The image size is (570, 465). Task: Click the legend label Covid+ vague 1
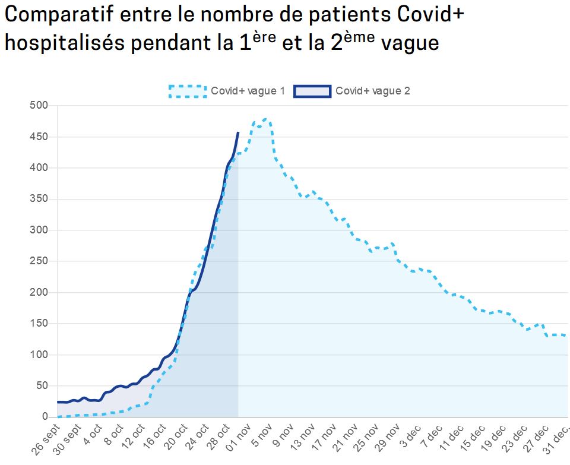(248, 91)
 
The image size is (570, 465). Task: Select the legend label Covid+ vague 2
(372, 91)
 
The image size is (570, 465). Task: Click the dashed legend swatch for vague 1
(187, 91)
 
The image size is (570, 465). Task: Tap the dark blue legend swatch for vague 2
(312, 91)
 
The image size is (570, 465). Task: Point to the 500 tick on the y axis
(40, 106)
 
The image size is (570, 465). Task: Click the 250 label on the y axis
(40, 261)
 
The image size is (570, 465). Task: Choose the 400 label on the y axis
(40, 168)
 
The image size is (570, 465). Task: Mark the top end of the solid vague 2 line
(238, 133)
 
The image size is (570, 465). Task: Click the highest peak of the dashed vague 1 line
(265, 119)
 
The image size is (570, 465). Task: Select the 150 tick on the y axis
(40, 324)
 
